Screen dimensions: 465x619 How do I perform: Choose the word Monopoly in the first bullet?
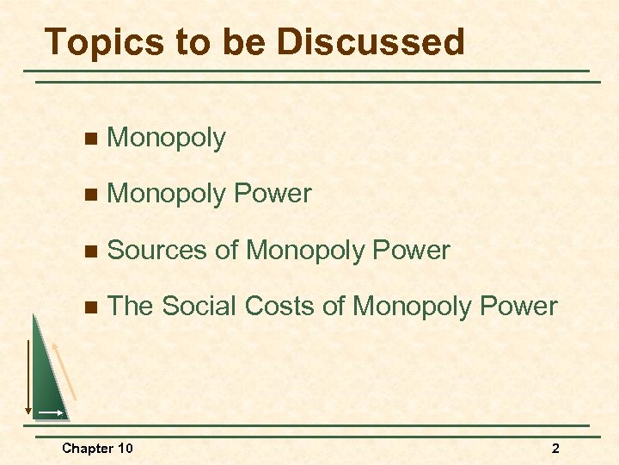(166, 139)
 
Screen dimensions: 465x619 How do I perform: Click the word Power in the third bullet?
(411, 251)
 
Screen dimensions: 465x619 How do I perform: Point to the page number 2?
(555, 448)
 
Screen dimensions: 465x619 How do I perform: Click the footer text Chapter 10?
(97, 448)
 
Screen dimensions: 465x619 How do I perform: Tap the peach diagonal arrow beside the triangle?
(65, 369)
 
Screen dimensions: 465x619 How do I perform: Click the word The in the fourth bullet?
(130, 306)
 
